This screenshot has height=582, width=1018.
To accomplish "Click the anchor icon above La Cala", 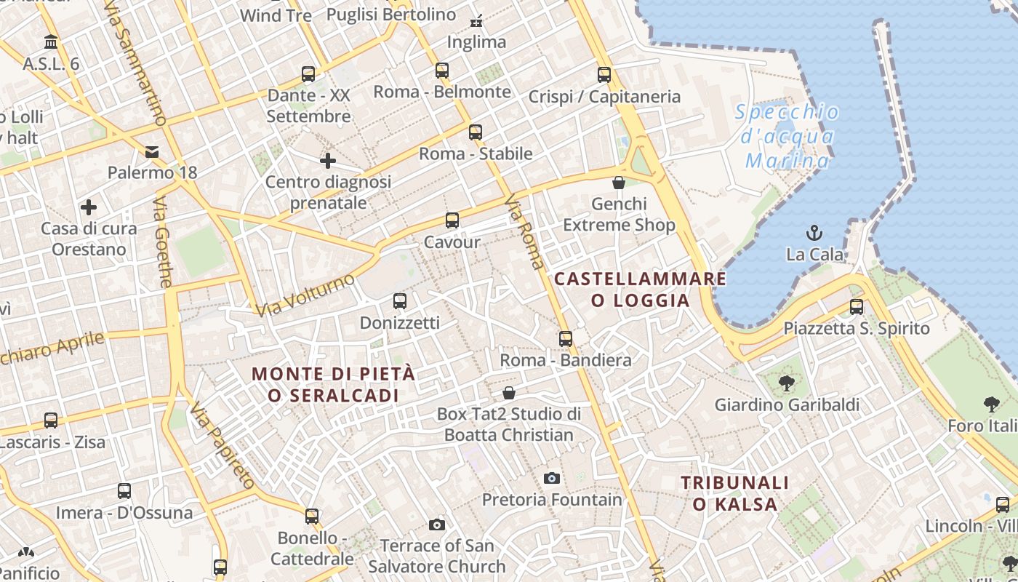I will pyautogui.click(x=814, y=233).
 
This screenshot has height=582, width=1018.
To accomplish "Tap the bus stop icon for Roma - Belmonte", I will pyautogui.click(x=442, y=71).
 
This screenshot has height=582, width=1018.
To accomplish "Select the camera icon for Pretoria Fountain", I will pyautogui.click(x=552, y=478).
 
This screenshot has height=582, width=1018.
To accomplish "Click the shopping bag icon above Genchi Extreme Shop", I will pyautogui.click(x=619, y=182).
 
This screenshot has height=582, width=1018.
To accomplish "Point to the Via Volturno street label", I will pyautogui.click(x=305, y=295).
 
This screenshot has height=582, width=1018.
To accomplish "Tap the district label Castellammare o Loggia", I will pyautogui.click(x=641, y=290).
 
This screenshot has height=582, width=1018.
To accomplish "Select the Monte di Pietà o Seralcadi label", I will pyautogui.click(x=333, y=384).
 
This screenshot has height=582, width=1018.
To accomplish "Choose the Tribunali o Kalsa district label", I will pyautogui.click(x=734, y=493).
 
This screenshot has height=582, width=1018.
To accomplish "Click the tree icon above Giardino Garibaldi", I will pyautogui.click(x=786, y=383).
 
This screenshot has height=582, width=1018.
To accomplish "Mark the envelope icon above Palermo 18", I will pyautogui.click(x=152, y=151).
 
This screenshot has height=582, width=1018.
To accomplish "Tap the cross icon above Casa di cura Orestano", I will pyautogui.click(x=89, y=207).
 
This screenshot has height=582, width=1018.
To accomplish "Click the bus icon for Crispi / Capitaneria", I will pyautogui.click(x=604, y=74).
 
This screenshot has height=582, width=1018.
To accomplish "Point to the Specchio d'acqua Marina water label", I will pyautogui.click(x=787, y=136).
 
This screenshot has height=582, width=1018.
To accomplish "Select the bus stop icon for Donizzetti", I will pyautogui.click(x=399, y=300).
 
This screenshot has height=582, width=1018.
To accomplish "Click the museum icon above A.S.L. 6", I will pyautogui.click(x=51, y=41).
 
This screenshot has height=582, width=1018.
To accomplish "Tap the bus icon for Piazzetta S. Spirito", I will pyautogui.click(x=857, y=306).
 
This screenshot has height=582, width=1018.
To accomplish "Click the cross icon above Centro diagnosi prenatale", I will pyautogui.click(x=328, y=160).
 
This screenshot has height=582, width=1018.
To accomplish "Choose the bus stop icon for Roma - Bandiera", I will pyautogui.click(x=566, y=338).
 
